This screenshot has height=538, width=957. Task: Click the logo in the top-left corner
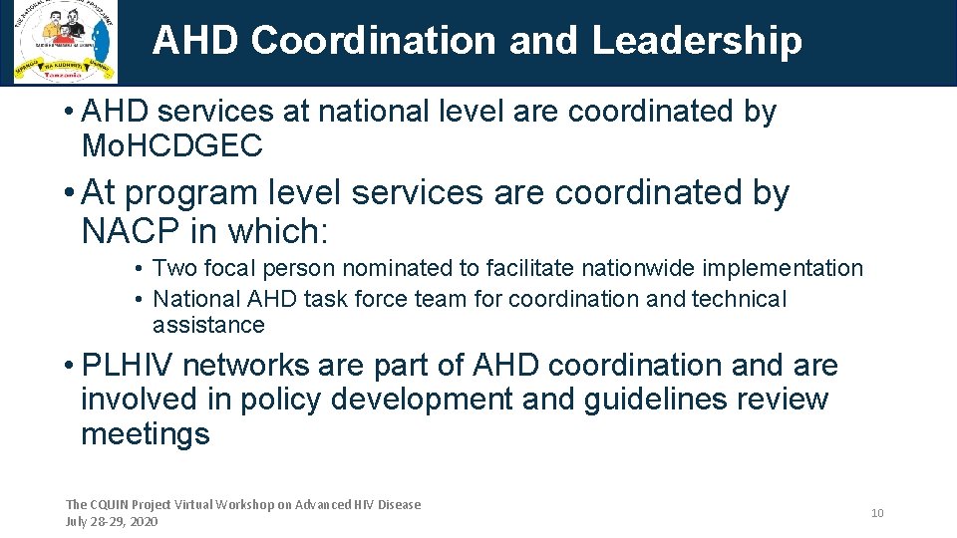pyautogui.click(x=66, y=42)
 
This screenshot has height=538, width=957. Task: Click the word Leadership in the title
pyautogui.click(x=697, y=41)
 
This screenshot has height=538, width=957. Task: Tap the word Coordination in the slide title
pyautogui.click(x=374, y=41)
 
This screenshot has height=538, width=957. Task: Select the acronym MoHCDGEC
pyautogui.click(x=171, y=146)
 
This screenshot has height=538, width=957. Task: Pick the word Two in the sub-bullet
pyautogui.click(x=174, y=268)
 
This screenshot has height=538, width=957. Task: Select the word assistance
pyautogui.click(x=208, y=325)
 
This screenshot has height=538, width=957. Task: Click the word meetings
pyautogui.click(x=146, y=433)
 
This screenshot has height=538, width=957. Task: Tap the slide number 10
pyautogui.click(x=877, y=513)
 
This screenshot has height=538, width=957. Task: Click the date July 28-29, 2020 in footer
pyautogui.click(x=111, y=521)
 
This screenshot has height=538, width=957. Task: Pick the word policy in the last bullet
pyautogui.click(x=278, y=400)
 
